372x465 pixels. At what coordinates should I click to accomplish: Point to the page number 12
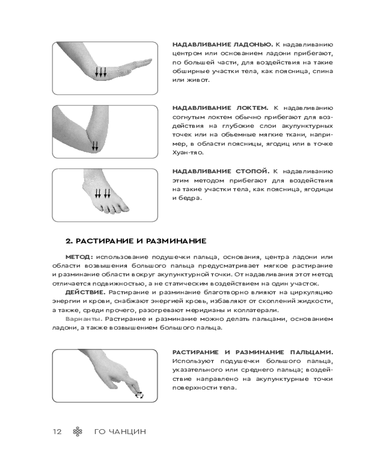[x=57, y=432]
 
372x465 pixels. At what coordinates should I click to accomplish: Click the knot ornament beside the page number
[x=78, y=432]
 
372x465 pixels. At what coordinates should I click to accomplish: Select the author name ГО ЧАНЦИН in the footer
[x=120, y=432]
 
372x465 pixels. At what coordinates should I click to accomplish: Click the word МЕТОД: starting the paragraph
[x=80, y=257]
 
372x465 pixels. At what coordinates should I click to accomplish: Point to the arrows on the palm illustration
[x=101, y=72]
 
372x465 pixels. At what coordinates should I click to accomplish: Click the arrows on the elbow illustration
[x=95, y=146]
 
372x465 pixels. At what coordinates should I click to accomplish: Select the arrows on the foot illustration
[x=102, y=193]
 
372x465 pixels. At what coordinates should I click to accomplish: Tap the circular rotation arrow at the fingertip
[x=139, y=395]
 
